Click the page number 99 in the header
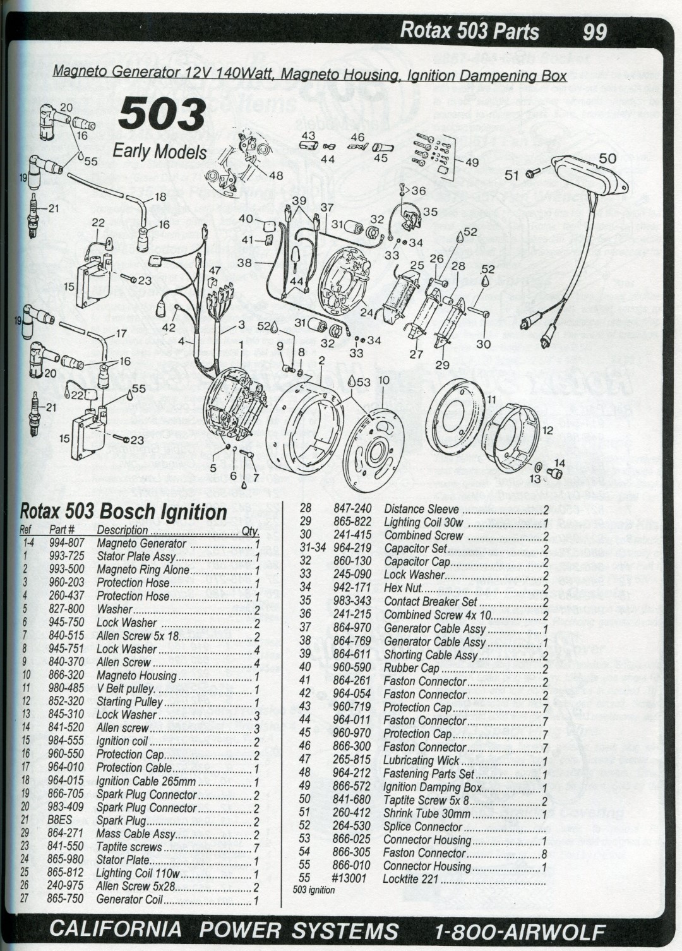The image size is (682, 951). (595, 32)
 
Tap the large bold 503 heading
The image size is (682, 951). (162, 115)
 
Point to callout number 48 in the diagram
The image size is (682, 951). (276, 176)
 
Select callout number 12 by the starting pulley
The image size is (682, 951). (547, 430)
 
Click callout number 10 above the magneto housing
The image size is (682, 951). (384, 380)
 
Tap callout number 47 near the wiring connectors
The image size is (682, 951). (215, 270)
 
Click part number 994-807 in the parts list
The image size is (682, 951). (66, 543)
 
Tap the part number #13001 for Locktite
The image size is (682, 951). (349, 879)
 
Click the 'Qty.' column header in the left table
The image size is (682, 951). (250, 531)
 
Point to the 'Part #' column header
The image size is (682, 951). (62, 530)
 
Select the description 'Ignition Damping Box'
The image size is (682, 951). (432, 787)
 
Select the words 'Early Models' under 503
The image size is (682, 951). (160, 152)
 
